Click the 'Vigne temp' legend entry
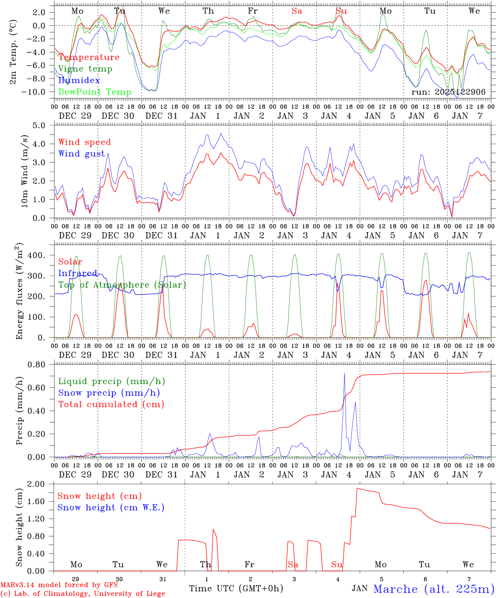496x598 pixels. [x=85, y=69]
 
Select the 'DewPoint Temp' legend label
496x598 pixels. [x=95, y=92]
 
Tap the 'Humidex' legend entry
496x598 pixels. [x=79, y=81]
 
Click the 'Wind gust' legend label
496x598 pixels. [x=81, y=154]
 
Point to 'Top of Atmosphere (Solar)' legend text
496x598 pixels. [x=122, y=285]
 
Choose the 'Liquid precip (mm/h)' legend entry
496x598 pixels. [x=111, y=381]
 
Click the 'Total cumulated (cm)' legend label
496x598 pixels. [x=111, y=404]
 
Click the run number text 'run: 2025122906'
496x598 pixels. [x=448, y=92]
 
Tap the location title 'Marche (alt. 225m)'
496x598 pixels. [x=434, y=589]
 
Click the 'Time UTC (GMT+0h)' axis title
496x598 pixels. [x=236, y=588]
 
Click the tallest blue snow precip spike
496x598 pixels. [x=344, y=374]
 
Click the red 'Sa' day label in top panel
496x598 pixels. [x=297, y=11]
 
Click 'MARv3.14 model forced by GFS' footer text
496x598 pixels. [x=59, y=585]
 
